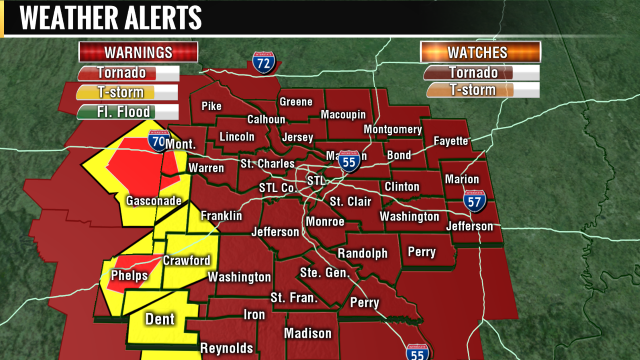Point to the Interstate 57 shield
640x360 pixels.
point(476,201)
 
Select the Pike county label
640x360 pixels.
point(211,105)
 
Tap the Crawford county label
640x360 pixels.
point(187,261)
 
